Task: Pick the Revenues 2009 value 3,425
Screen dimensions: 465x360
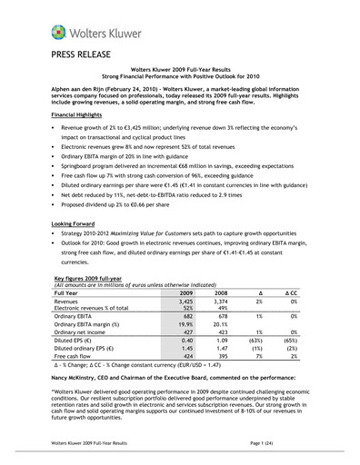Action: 209,302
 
